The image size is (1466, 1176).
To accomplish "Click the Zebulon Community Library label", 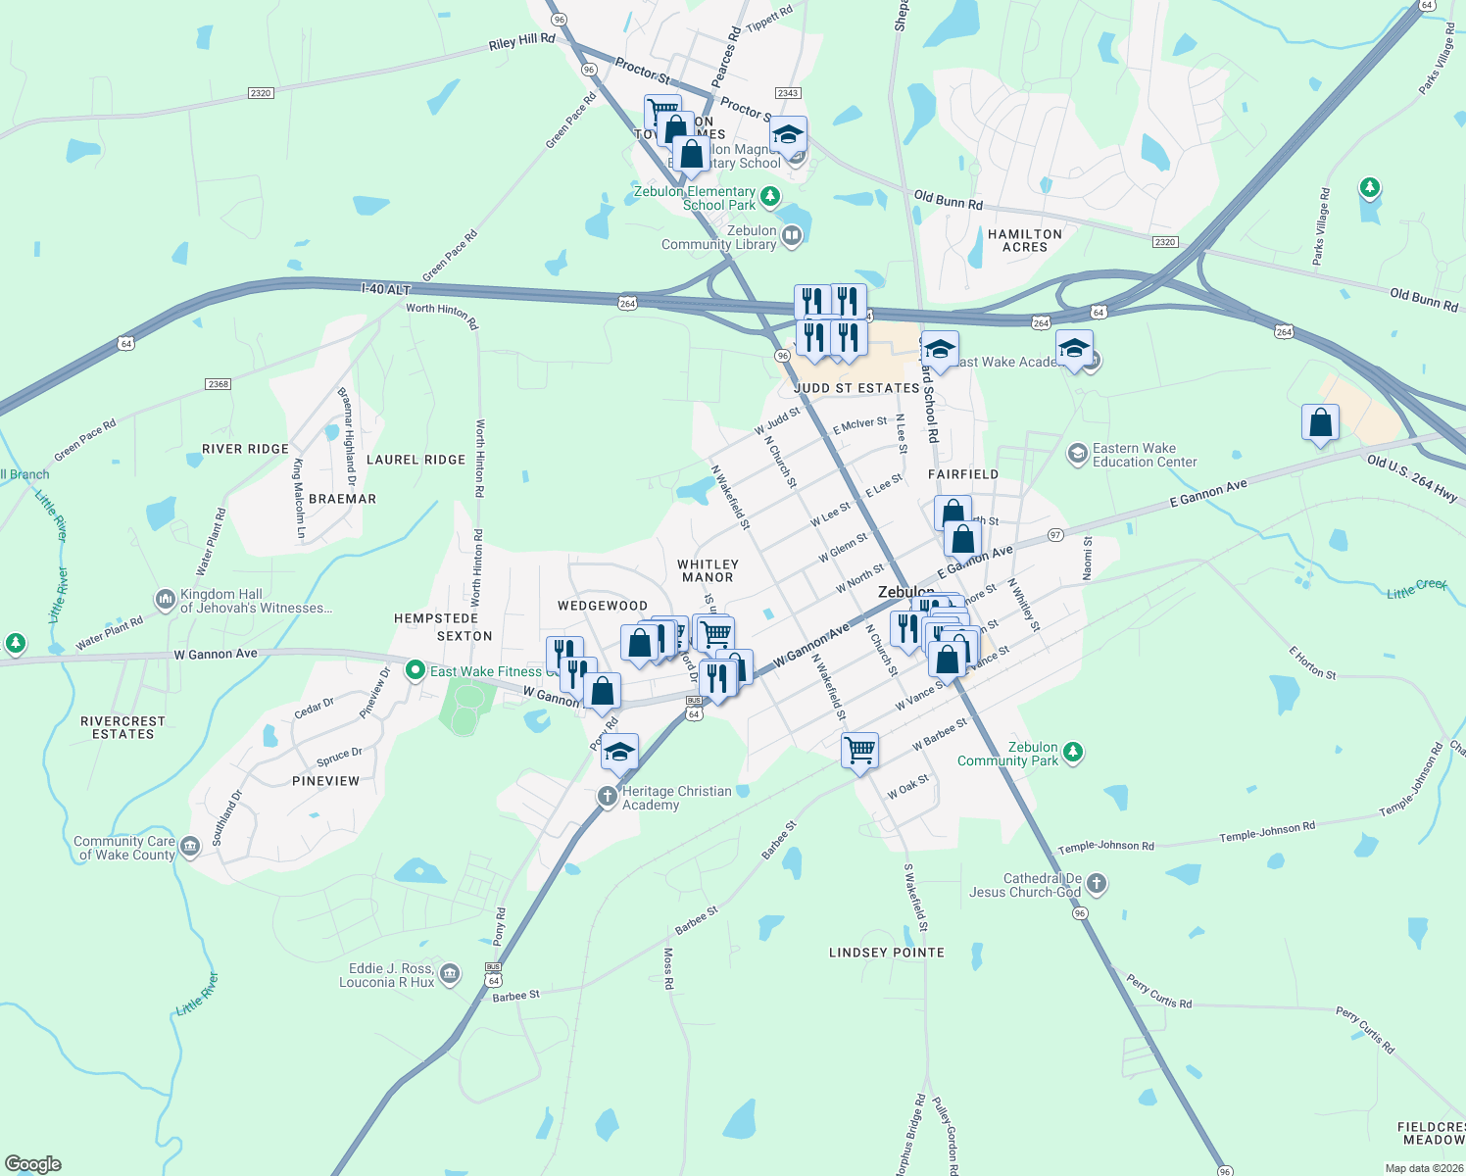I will click(x=718, y=237).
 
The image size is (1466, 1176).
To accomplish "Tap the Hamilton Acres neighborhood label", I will click(x=1025, y=241).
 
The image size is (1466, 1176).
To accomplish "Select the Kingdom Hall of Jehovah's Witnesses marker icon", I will click(x=165, y=599).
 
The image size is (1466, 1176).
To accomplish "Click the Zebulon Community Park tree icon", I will click(x=1073, y=753).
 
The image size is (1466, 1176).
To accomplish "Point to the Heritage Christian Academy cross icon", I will click(x=608, y=797).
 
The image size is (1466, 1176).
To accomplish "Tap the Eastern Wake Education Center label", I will click(x=1145, y=455).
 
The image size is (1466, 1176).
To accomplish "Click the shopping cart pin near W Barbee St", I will click(x=859, y=751).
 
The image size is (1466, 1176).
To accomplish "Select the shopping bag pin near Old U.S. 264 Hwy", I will click(x=1320, y=422).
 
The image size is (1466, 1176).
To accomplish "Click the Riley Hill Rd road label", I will click(x=521, y=41).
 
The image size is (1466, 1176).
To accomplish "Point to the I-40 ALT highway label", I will click(x=385, y=289).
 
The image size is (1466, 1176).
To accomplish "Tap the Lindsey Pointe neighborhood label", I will click(x=887, y=953).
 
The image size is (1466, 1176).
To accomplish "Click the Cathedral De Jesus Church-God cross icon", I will click(x=1097, y=884).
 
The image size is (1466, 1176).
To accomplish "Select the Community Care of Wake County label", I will click(x=124, y=848).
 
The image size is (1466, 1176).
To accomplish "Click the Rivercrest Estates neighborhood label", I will click(x=123, y=727).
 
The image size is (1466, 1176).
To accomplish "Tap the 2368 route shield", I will click(x=218, y=384).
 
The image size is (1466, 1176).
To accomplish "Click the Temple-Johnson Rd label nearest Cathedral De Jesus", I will click(x=1105, y=847).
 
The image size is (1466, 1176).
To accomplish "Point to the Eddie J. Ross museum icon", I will click(x=450, y=973).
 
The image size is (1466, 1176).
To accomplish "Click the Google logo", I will click(x=32, y=1164).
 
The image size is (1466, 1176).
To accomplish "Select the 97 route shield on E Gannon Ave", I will click(x=1055, y=535).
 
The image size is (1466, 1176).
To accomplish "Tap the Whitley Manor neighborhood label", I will click(x=708, y=570).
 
